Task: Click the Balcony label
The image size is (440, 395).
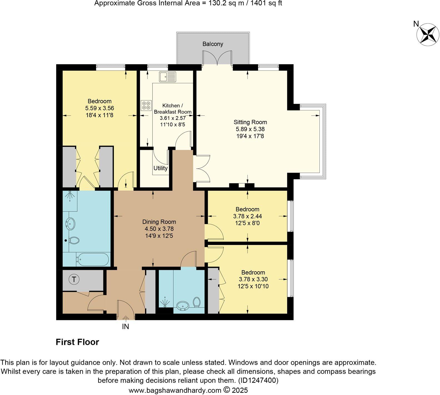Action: coord(212,44)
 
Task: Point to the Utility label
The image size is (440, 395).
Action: coord(161,168)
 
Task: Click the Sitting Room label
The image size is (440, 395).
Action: coord(250,122)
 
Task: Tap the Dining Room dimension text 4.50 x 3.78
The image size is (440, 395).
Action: coord(159,229)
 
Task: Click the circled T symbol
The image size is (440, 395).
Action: coord(74,279)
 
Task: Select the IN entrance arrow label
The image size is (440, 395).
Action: coord(126,326)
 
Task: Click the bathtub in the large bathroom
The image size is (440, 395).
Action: coord(93,259)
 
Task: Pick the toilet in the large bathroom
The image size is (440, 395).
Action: coord(74,240)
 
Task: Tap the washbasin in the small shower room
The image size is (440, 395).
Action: coord(183,306)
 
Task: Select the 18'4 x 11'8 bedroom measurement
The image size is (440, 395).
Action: coord(99,115)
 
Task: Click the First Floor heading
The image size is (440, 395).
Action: coord(77,342)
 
